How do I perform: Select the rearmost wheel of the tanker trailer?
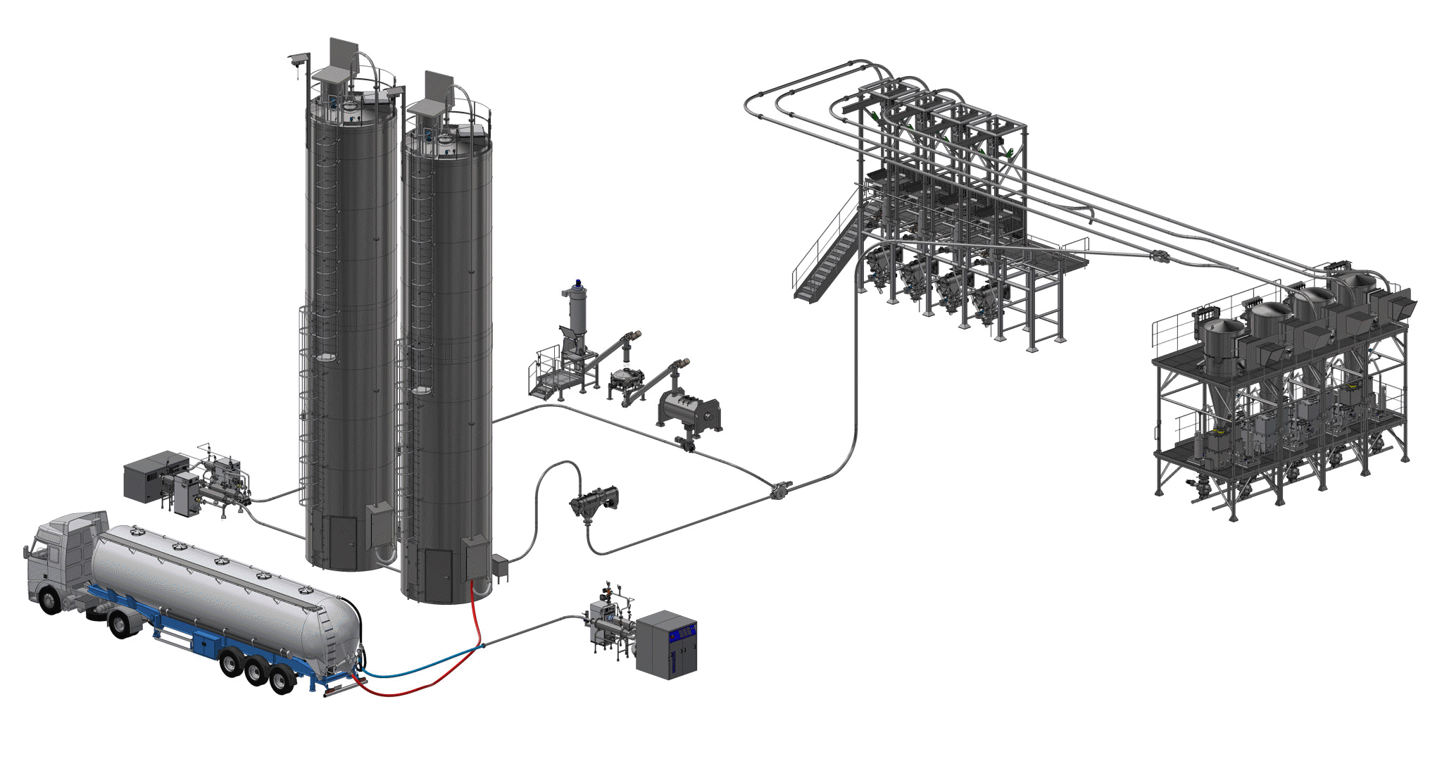(282, 680)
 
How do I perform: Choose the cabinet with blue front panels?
(667, 644)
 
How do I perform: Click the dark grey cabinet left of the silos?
(146, 477)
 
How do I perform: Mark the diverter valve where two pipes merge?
(779, 489)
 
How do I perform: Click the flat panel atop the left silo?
(344, 54)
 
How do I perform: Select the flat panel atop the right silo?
(439, 86)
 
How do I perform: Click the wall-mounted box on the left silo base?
(380, 524)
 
